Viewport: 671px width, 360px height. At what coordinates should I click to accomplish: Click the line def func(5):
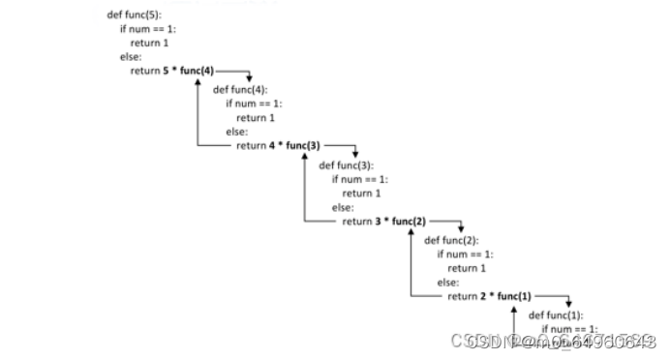(x=135, y=16)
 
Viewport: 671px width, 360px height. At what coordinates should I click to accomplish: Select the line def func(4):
(x=240, y=90)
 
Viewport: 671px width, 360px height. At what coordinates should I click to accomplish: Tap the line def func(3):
(x=346, y=165)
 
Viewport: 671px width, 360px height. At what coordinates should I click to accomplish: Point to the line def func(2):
(x=451, y=239)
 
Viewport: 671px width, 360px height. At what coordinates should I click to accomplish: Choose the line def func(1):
(x=556, y=315)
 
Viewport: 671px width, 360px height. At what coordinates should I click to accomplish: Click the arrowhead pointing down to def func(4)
(x=250, y=79)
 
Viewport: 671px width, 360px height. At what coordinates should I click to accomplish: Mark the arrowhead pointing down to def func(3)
(x=355, y=154)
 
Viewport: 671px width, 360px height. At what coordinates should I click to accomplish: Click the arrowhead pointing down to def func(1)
(x=567, y=304)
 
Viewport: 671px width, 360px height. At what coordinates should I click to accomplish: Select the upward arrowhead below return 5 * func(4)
(x=198, y=82)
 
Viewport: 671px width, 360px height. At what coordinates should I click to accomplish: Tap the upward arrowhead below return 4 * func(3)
(x=304, y=157)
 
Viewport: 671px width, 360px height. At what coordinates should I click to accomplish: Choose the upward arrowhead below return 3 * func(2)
(x=410, y=232)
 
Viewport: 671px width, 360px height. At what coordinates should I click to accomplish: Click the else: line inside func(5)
(x=130, y=57)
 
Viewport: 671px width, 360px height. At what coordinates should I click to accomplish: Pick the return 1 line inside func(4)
(x=256, y=118)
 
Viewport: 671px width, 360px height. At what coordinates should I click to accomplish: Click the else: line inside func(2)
(x=447, y=282)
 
